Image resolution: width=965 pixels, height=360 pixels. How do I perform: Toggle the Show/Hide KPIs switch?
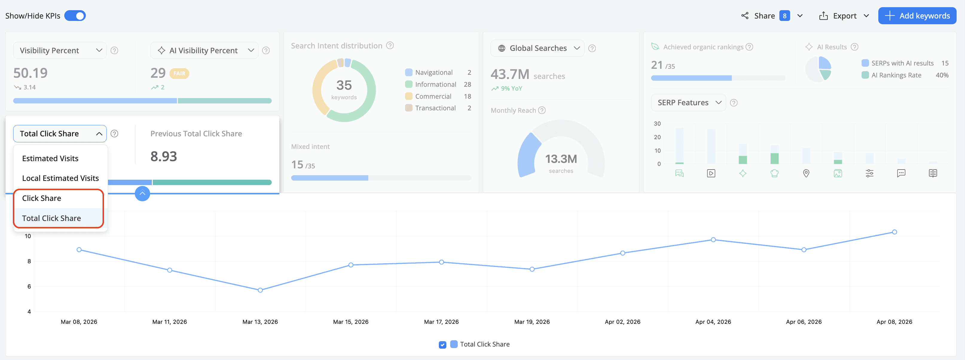pos(75,16)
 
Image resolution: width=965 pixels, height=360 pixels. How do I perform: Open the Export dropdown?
pos(844,16)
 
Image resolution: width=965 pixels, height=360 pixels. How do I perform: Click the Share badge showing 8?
pos(784,16)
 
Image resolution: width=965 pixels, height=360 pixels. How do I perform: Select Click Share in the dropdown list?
pos(42,198)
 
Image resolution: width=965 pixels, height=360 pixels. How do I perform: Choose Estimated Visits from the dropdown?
pos(50,158)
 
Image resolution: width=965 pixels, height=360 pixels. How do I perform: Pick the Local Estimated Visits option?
pos(60,178)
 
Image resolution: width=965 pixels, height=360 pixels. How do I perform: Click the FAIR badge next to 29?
pos(179,74)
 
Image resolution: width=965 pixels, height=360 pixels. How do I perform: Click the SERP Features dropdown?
pos(688,103)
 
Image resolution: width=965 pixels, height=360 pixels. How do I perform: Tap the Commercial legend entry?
pos(433,96)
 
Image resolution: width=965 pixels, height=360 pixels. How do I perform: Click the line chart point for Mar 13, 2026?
pos(260,290)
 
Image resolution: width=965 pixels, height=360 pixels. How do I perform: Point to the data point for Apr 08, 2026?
pos(894,232)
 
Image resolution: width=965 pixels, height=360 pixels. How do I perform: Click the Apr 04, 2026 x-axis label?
pos(713,322)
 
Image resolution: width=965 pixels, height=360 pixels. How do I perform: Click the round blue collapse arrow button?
pos(142,193)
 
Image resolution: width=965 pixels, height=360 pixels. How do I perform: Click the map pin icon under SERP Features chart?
pos(806,173)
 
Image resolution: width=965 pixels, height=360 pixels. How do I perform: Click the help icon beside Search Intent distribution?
pos(390,46)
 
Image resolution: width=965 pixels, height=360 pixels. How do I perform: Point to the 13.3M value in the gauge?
pos(561,159)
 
